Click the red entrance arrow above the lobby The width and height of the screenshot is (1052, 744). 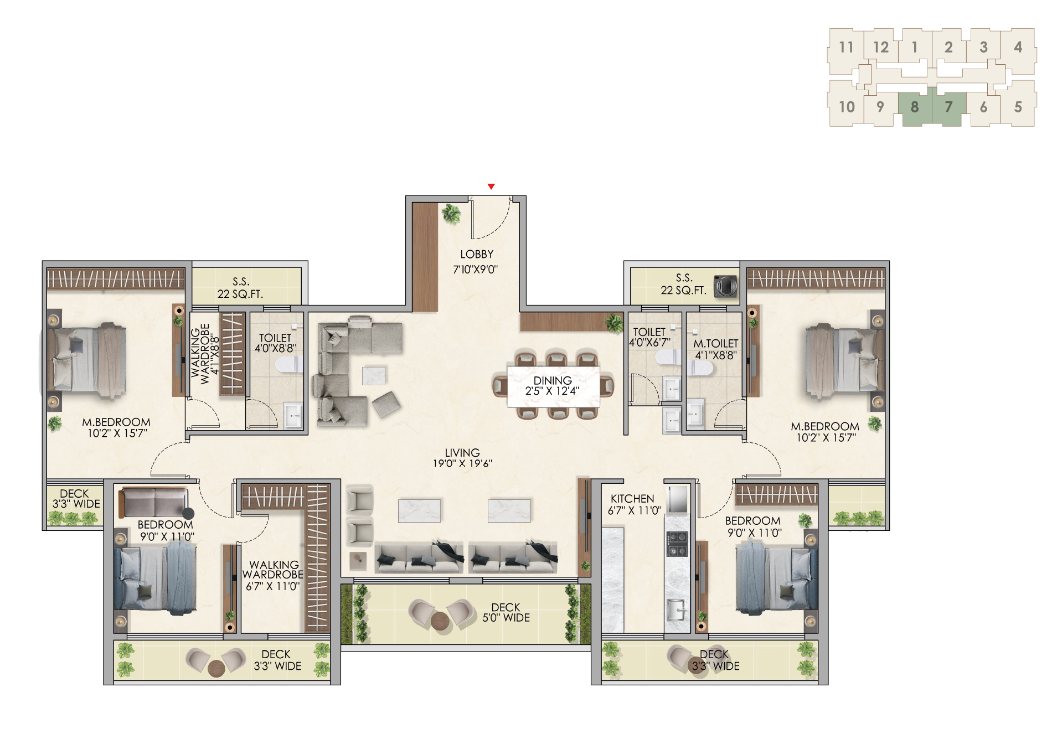[491, 187]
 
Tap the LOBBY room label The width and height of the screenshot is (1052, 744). [477, 254]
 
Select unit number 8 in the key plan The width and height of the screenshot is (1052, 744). [914, 107]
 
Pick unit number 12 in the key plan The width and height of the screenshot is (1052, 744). [880, 47]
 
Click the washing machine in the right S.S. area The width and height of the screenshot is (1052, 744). [725, 286]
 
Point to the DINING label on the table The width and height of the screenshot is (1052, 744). [553, 380]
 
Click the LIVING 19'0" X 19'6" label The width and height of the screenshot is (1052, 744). [462, 458]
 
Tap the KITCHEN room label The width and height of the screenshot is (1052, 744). [632, 498]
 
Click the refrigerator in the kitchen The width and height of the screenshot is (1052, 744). [677, 499]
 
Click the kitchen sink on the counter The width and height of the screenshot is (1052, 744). [677, 609]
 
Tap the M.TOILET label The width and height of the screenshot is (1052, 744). [715, 343]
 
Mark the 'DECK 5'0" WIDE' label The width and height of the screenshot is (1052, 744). [506, 612]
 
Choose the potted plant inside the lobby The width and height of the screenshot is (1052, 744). [451, 213]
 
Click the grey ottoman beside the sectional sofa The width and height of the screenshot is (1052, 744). [386, 404]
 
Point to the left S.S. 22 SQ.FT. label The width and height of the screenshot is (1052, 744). [240, 288]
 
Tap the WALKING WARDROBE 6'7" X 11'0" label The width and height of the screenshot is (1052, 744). [273, 575]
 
